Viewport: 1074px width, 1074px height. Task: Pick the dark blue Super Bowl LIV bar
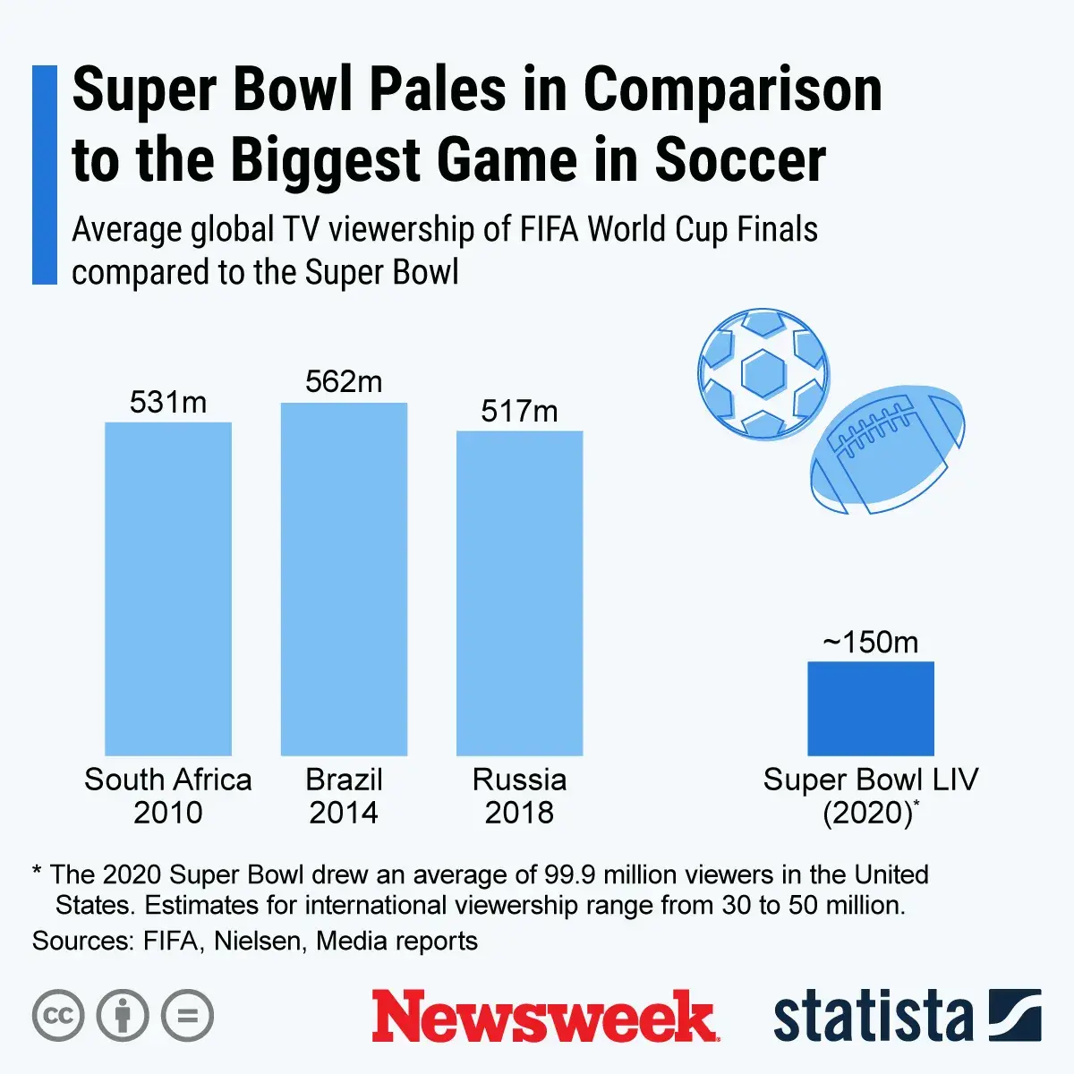[870, 709]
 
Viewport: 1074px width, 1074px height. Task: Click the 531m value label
[168, 403]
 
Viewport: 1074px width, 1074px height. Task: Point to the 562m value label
[344, 382]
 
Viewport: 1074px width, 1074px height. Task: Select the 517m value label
[519, 412]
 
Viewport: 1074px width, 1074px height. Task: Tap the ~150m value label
[870, 643]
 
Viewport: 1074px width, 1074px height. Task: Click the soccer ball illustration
[763, 373]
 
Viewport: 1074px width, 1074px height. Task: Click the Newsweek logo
[544, 1017]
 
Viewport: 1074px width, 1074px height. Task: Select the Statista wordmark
[873, 1018]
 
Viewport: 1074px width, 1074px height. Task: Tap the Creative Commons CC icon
[58, 1016]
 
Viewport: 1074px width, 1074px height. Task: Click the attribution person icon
[123, 1016]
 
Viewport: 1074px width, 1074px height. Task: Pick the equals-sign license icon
[187, 1016]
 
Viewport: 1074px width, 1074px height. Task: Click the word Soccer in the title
[740, 160]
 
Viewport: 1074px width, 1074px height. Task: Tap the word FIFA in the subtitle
[550, 230]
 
